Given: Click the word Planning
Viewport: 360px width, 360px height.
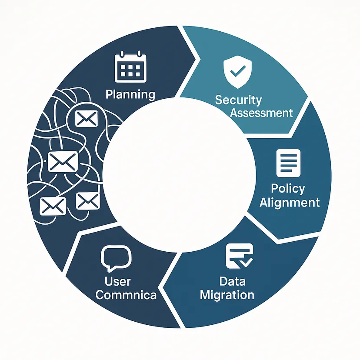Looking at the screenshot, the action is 130,95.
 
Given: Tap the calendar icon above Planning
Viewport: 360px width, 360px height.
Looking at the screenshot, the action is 130,67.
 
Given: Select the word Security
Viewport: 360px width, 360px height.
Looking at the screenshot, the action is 238,100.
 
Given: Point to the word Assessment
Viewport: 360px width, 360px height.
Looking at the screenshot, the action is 261,113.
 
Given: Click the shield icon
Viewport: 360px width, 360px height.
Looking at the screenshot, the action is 238,72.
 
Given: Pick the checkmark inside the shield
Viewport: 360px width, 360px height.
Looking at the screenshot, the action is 238,71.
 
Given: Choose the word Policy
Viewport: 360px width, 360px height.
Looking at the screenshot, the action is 288,189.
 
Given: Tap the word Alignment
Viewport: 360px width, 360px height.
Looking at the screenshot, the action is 290,203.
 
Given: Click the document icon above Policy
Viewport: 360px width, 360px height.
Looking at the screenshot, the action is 288,163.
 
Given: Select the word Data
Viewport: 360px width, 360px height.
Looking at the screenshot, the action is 232,281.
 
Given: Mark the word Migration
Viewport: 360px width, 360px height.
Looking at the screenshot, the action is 227,295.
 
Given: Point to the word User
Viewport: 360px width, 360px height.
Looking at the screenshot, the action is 117,281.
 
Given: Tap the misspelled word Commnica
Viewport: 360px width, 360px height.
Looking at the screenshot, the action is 126,295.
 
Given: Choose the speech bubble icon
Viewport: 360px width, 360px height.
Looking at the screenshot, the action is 116,257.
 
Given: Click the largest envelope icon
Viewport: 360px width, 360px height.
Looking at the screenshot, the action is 63,162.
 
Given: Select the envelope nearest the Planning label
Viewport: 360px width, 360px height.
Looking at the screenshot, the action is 87,118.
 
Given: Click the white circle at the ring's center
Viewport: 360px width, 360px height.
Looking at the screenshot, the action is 179,175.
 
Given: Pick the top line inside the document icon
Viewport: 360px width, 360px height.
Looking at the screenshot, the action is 288,155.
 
